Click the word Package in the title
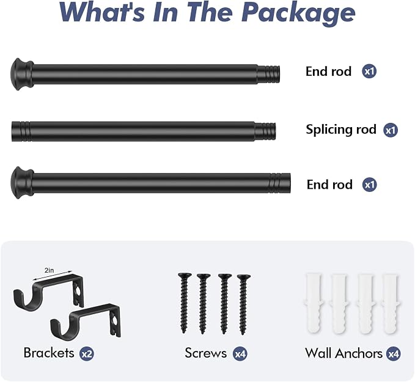pyautogui.click(x=298, y=13)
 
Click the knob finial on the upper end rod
pyautogui.click(x=22, y=74)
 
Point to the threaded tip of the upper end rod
pyautogui.click(x=269, y=74)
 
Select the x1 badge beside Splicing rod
pyautogui.click(x=391, y=130)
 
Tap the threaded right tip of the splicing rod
pyautogui.click(x=265, y=131)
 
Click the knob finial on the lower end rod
pyautogui.click(x=22, y=183)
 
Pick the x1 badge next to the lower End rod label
pyautogui.click(x=370, y=185)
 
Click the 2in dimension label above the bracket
pyautogui.click(x=50, y=270)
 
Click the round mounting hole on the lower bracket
pyautogui.click(x=114, y=321)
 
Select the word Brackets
pyautogui.click(x=49, y=353)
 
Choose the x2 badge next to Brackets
pyautogui.click(x=87, y=354)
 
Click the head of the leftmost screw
pyautogui.click(x=185, y=276)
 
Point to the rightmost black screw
pyautogui.click(x=243, y=304)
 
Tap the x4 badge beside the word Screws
pyautogui.click(x=240, y=354)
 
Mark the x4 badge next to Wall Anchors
pyautogui.click(x=393, y=354)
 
